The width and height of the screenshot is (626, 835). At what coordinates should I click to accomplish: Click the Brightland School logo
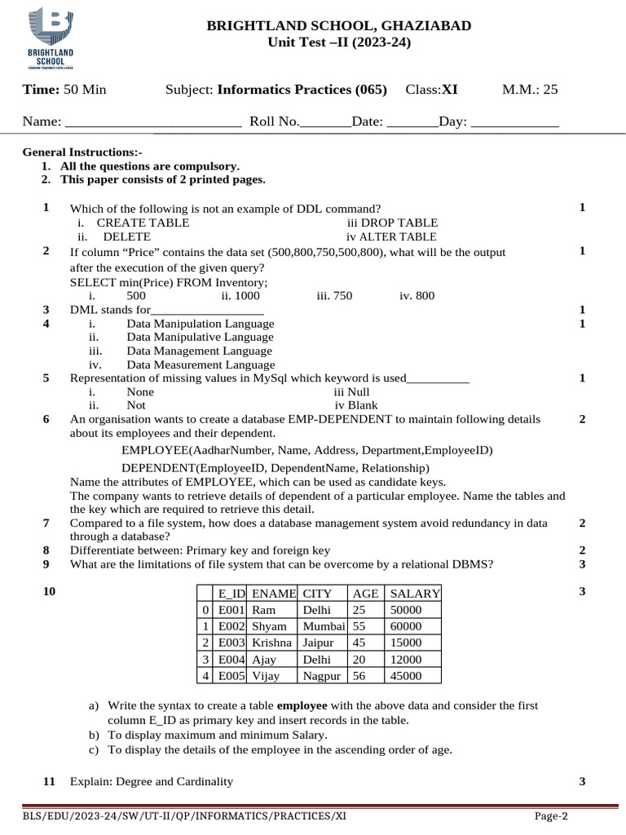point(51,38)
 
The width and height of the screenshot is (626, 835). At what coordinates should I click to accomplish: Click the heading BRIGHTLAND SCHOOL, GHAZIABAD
point(339,26)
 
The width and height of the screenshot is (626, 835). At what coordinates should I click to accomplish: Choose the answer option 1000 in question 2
point(240,296)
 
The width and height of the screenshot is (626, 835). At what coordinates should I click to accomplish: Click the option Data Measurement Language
point(201,364)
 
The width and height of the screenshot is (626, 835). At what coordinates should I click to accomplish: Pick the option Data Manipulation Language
point(201,324)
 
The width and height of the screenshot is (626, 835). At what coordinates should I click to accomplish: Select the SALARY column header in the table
point(415,594)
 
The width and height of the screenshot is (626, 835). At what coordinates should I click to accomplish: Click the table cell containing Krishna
point(272,643)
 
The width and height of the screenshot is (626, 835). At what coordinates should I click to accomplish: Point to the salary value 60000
point(407,626)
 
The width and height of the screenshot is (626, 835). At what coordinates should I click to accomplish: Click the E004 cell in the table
point(231,659)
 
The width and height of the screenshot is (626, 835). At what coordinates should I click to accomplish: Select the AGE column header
point(364,594)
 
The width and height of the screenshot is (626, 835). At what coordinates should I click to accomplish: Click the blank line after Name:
point(152,121)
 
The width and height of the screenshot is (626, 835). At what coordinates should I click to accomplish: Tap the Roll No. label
point(275,121)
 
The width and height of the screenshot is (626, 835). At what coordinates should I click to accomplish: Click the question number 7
point(46,523)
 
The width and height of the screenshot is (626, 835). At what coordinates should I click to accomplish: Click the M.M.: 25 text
point(530,89)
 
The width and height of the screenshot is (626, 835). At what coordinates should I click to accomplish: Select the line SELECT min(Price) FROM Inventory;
point(169,282)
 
